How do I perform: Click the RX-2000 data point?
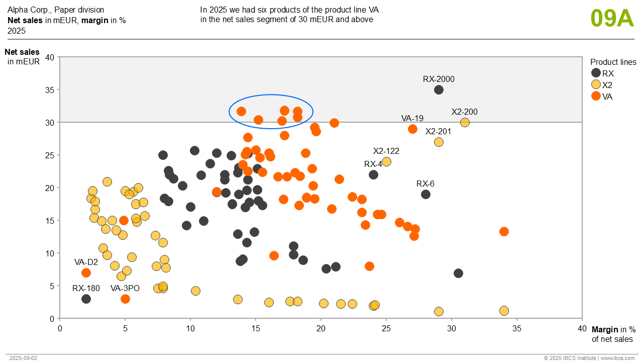coord(439,90)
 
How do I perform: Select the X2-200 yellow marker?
coord(465,122)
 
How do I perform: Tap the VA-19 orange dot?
coord(412,129)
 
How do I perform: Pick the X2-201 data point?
coord(439,142)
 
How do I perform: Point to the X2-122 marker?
coord(386,161)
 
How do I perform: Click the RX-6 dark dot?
coord(425,194)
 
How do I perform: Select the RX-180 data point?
coord(86,299)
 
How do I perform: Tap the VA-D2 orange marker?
coord(86,273)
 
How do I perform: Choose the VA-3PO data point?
coord(125,299)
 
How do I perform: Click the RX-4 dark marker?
coord(373,174)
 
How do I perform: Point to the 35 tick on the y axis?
coord(50,90)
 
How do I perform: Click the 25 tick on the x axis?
coord(386,328)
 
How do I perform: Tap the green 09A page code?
coord(612,18)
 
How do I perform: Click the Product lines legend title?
coord(613,62)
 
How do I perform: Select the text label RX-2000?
coord(439,79)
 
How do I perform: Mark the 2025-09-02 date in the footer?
coord(23,358)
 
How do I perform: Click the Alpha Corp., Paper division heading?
coord(56,10)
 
